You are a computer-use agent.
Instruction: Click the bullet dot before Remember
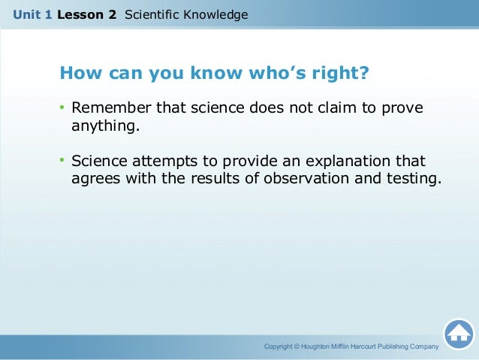pyautogui.click(x=63, y=108)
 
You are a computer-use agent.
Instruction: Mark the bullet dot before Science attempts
pyautogui.click(x=63, y=162)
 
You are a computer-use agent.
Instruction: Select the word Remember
pyautogui.click(x=107, y=108)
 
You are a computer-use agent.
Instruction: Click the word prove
pyautogui.click(x=402, y=109)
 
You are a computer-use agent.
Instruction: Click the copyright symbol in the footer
pyautogui.click(x=297, y=346)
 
